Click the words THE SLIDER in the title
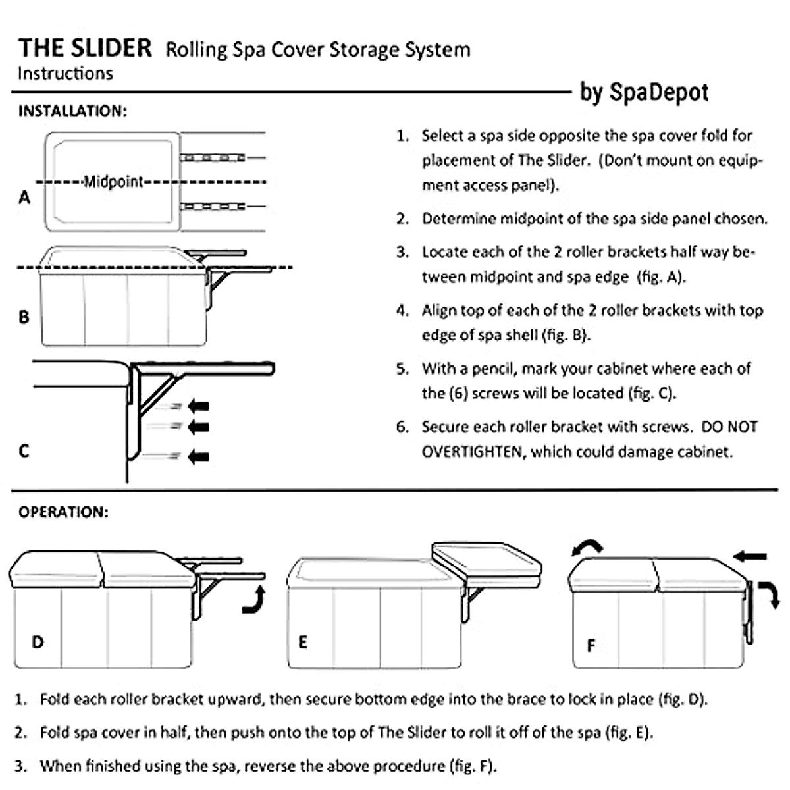pos(85,48)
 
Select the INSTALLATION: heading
pos(72,111)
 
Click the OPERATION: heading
pos(63,512)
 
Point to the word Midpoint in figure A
pos(113,182)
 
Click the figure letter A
pos(24,197)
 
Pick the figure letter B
pos(24,317)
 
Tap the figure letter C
pos(24,451)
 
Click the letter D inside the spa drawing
pos(38,641)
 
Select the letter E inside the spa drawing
pos(303,642)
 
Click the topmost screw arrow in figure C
pos(198,406)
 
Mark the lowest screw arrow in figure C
pos(198,456)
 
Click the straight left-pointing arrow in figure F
pos(750,557)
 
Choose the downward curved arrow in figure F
pos(771,593)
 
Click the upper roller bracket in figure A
pos(213,158)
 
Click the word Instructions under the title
pos(65,73)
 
